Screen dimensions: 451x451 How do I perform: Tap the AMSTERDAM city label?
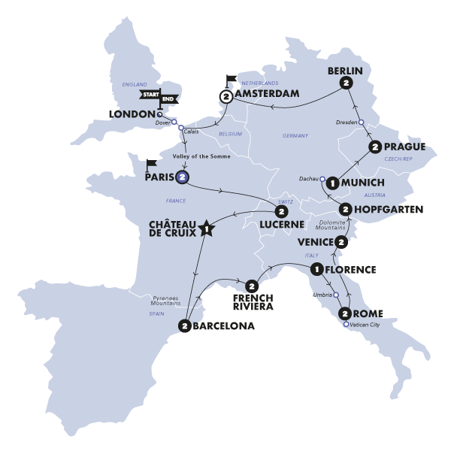[268, 95]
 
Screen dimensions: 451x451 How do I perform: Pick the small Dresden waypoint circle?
[360, 122]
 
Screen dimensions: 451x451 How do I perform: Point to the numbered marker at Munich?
[332, 182]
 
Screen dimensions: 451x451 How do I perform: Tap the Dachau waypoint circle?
[322, 179]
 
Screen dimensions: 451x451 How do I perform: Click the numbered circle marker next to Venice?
[342, 242]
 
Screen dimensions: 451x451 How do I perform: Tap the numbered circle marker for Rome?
[344, 313]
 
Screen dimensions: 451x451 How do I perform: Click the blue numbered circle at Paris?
[182, 177]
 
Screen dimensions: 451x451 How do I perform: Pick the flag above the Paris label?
[151, 163]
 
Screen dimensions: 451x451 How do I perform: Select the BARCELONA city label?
[224, 326]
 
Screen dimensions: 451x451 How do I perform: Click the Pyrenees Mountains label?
[164, 301]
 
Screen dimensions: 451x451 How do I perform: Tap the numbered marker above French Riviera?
[251, 285]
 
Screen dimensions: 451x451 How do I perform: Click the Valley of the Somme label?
[199, 156]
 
